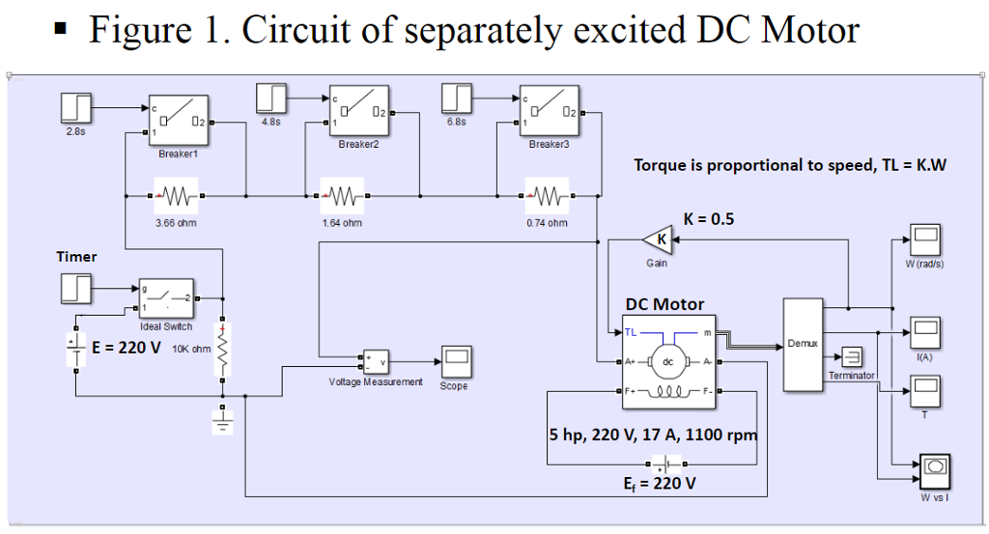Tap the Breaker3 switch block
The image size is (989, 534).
(549, 111)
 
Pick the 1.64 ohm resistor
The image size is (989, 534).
(342, 197)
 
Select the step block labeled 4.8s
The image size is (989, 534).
(271, 98)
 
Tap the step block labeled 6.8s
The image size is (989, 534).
(457, 98)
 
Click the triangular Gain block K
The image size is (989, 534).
(658, 239)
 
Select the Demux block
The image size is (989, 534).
(802, 345)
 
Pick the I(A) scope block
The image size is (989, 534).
(925, 332)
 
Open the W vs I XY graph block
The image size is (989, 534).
(933, 470)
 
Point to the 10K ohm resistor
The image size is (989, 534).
(223, 349)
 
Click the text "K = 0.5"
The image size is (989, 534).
(708, 219)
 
